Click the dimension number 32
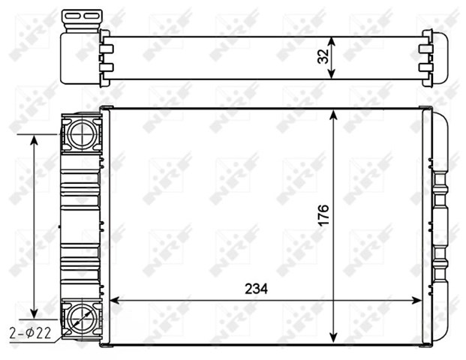[323, 56]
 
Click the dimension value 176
[324, 215]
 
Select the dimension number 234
[256, 289]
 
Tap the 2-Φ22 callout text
[30, 333]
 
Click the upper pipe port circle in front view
[81, 134]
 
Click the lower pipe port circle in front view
[81, 319]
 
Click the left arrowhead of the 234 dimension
[115, 301]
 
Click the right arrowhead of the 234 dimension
[416, 301]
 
